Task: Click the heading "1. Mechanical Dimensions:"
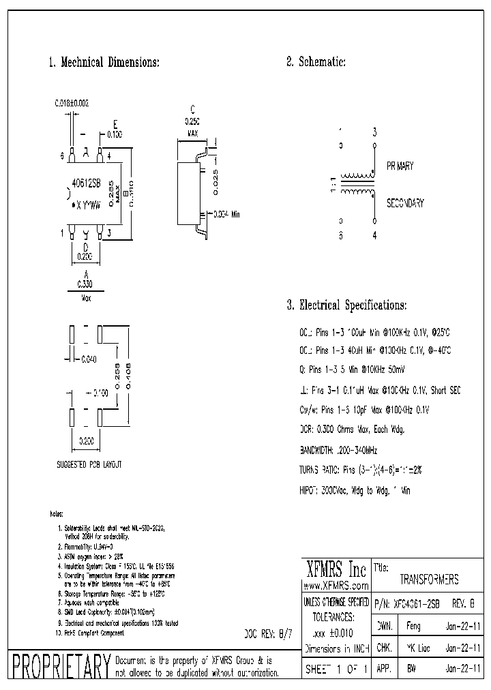coord(104,62)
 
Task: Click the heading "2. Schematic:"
coord(316,62)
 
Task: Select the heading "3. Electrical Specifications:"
coord(346,305)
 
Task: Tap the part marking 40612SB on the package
coord(87,183)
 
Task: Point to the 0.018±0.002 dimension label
coord(72,103)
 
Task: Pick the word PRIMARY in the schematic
coord(400,166)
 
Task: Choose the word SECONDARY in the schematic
coord(405,203)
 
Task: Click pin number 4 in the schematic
coord(374,237)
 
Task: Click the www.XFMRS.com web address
coord(335,586)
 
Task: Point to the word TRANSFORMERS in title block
coord(429,580)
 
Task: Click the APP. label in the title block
coord(383,670)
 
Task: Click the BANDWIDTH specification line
coord(338,451)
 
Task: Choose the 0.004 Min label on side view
coord(227,214)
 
